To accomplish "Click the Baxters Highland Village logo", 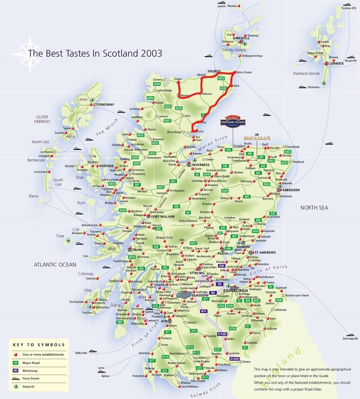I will [236, 121].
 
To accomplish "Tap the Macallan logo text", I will [257, 137].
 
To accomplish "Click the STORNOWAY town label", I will [104, 105].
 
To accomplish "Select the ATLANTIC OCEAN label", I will [54, 264].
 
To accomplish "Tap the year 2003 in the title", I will [151, 53].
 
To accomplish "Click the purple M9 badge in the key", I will [16, 371].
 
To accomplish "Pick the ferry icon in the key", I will [16, 378].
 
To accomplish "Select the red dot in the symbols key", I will [16, 354].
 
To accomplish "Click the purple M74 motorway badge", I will [204, 311].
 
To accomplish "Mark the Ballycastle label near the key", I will [81, 353].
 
